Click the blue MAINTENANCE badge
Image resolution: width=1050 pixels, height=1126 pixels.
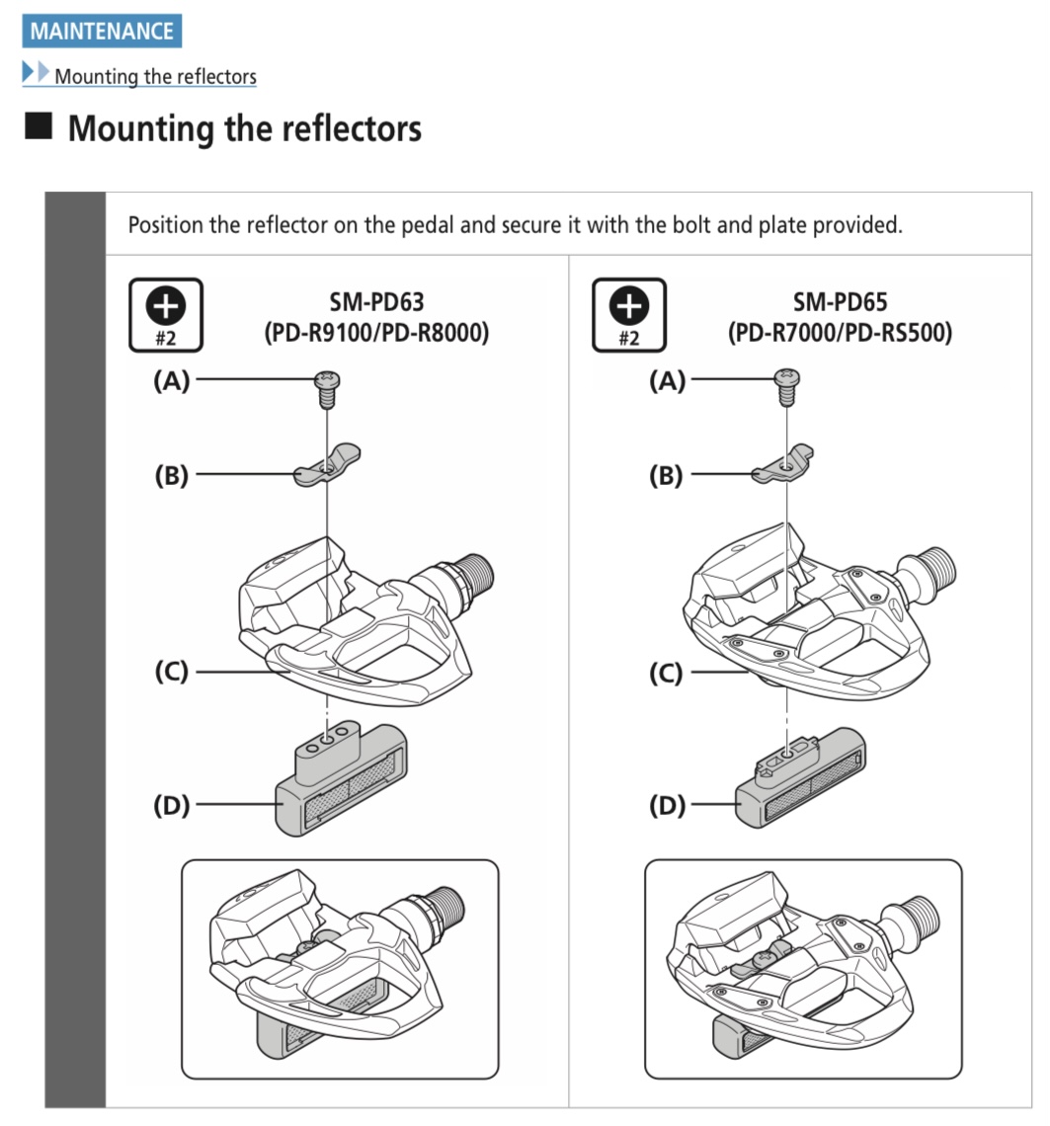click(102, 31)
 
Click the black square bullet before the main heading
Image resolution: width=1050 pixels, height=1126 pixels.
click(39, 125)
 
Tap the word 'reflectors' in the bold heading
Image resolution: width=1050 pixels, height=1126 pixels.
click(352, 128)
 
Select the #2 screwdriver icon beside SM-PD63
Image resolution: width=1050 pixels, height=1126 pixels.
click(166, 314)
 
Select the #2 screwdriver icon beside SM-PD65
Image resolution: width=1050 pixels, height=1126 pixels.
click(629, 314)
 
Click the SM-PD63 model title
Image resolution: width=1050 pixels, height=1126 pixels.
click(376, 301)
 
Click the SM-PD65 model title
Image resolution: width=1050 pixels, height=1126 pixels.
click(840, 301)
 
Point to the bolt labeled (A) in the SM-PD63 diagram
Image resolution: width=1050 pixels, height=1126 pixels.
click(328, 388)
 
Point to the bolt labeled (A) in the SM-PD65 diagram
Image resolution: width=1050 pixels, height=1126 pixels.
click(787, 386)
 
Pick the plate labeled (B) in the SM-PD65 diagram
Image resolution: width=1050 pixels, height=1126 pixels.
click(783, 464)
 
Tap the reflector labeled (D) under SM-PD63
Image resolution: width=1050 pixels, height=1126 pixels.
click(342, 779)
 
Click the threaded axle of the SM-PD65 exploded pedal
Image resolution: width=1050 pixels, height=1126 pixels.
click(934, 567)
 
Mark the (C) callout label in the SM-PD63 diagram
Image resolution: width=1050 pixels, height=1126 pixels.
click(172, 672)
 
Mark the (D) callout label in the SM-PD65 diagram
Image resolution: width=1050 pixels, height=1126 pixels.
click(667, 805)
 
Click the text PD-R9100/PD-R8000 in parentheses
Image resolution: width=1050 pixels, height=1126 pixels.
click(376, 333)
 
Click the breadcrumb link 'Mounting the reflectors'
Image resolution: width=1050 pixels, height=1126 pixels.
click(155, 76)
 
